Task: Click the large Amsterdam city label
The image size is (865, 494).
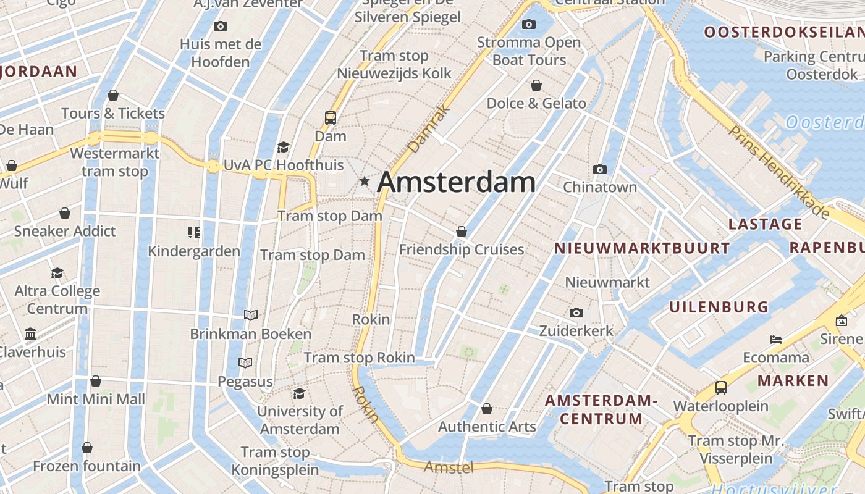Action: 456,182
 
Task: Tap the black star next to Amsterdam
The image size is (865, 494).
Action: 365,182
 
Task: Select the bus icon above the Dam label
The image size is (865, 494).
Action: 331,117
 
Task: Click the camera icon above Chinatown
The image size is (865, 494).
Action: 599,169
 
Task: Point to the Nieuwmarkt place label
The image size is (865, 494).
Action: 607,282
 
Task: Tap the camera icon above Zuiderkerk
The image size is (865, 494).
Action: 576,312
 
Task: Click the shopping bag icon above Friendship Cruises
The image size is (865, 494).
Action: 461,232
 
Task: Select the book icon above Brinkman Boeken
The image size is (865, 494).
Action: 250,316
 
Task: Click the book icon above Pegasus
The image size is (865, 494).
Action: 245,363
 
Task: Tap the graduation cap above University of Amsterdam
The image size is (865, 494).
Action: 300,393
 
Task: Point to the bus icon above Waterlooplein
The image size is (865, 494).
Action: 720,388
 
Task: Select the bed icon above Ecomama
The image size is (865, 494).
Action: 776,339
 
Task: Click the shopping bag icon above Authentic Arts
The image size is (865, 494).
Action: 487,409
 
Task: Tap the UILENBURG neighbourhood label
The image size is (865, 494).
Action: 719,307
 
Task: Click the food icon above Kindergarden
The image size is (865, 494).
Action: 194,233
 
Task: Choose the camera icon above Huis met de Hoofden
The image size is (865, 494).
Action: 220,26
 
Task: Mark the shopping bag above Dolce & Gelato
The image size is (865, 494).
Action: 536,85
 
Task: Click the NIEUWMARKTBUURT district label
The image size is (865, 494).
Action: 641,248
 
